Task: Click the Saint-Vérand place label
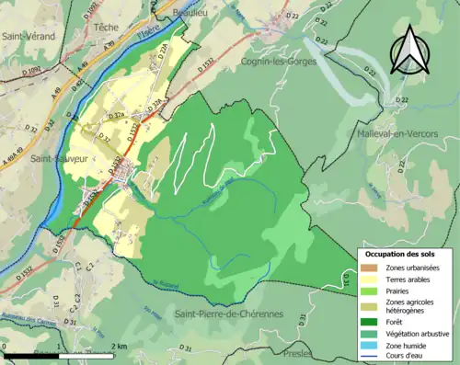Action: click(29, 36)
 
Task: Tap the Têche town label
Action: click(107, 28)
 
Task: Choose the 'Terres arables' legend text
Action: click(410, 280)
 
